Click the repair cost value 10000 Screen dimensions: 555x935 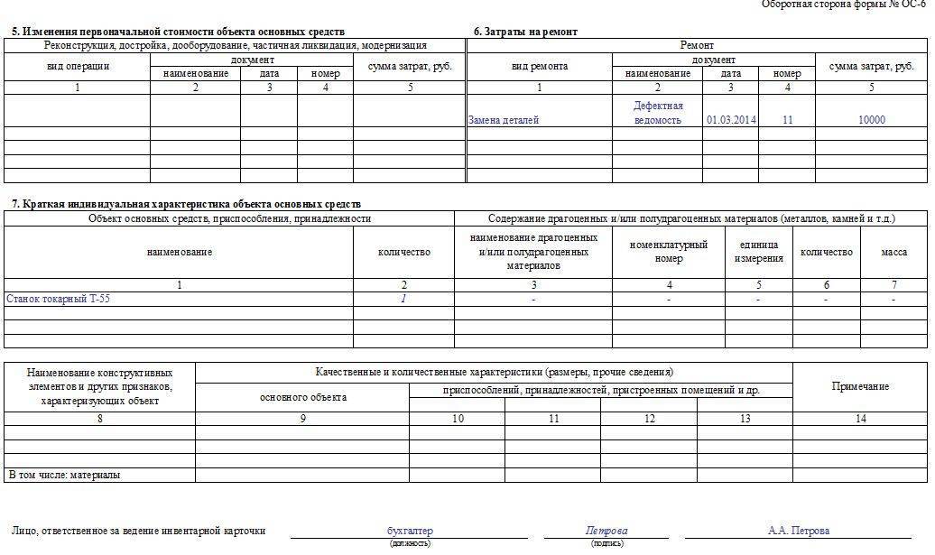click(872, 120)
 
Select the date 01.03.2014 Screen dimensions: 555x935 click(731, 120)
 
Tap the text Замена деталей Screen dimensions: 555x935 click(503, 120)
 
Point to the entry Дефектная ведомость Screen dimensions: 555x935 click(658, 113)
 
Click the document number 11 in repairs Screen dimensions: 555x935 click(787, 120)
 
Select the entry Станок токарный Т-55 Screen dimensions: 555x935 click(61, 298)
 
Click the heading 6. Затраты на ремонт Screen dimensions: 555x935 click(525, 32)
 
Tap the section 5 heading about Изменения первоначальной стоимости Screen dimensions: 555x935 click(178, 32)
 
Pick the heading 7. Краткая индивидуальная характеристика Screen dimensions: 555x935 click(186, 205)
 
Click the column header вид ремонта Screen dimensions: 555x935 click(539, 67)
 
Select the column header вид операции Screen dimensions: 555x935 click(78, 67)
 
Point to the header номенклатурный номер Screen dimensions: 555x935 click(668, 252)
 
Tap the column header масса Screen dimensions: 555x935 click(893, 253)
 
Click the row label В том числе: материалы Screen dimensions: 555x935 click(64, 475)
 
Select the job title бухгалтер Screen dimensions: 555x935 click(410, 531)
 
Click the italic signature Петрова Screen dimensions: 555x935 click(606, 531)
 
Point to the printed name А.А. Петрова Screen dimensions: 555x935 click(798, 531)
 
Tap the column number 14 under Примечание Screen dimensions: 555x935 click(860, 419)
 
